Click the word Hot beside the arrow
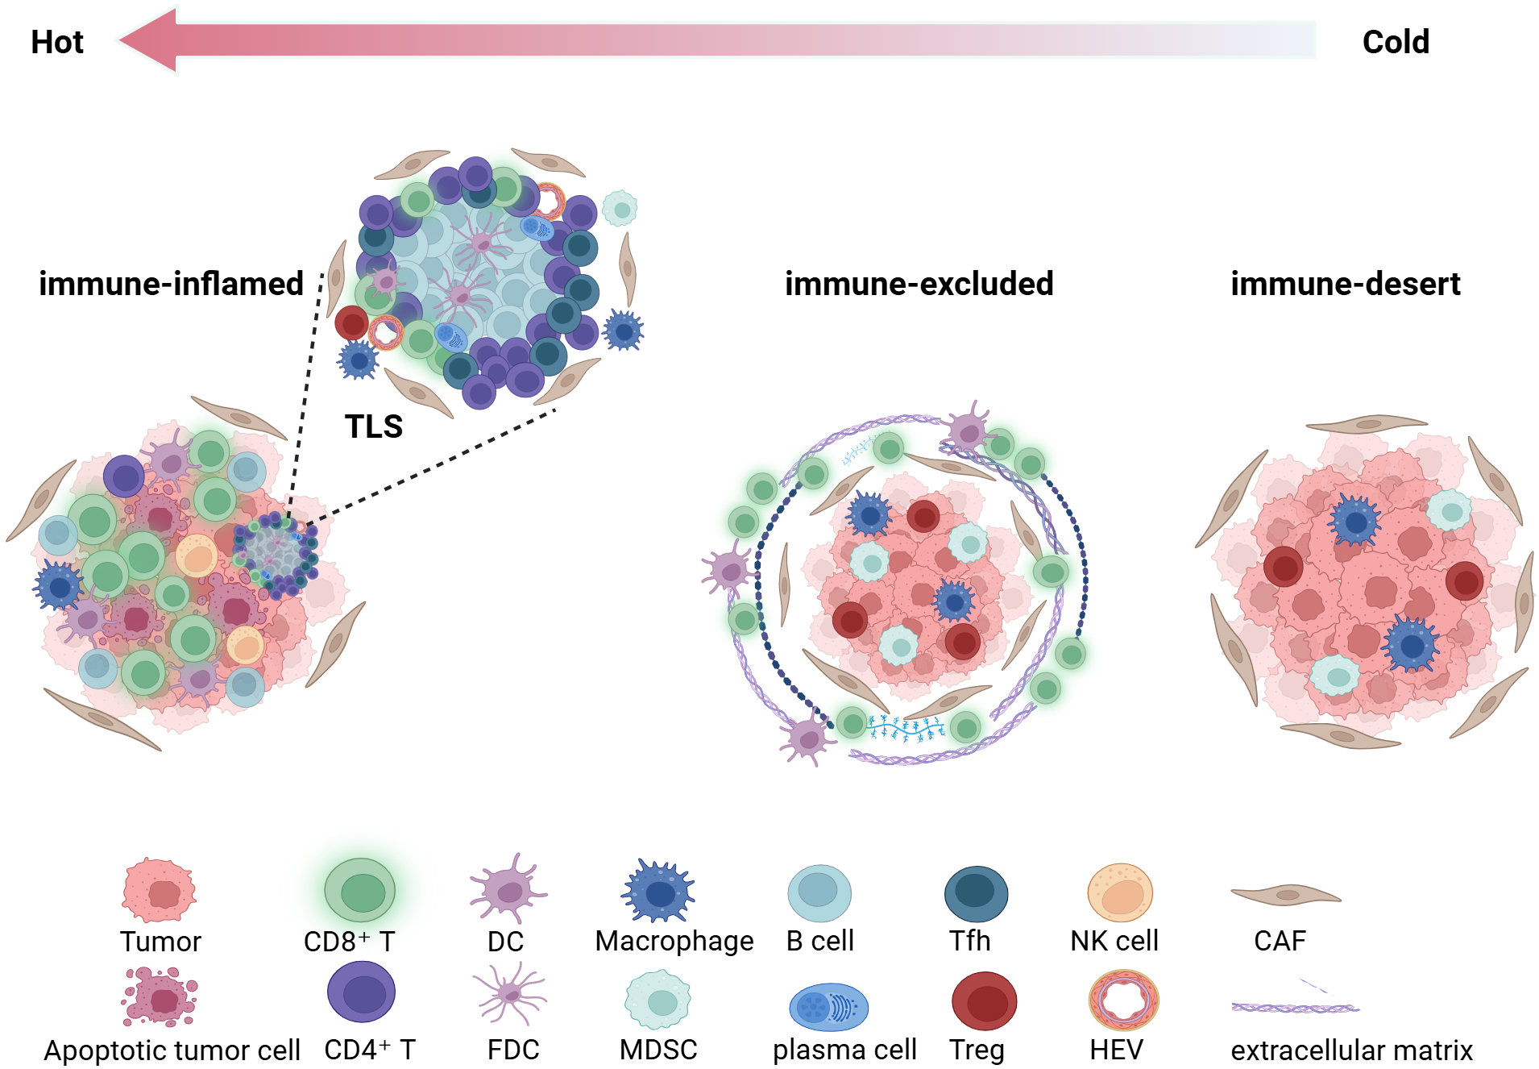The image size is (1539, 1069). pos(56,42)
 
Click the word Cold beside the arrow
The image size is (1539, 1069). pos(1396,42)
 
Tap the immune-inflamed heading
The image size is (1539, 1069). pos(171,284)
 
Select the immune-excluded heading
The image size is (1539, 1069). pos(919,284)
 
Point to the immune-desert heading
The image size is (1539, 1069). pos(1345,284)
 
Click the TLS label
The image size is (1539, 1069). pos(374,426)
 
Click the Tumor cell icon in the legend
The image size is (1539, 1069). pos(160,891)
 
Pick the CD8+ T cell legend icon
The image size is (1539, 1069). pos(359,891)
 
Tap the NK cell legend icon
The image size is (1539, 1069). pos(1120,892)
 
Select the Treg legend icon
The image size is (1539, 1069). pos(984,1001)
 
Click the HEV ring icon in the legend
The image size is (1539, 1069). pos(1123,1000)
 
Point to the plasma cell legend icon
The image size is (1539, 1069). pos(828,1007)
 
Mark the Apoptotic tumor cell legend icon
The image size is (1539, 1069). pos(160,997)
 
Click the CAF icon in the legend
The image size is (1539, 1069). pos(1286,894)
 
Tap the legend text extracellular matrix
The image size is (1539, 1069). pos(1351,1050)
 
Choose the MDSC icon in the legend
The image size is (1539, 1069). pos(658,1000)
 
